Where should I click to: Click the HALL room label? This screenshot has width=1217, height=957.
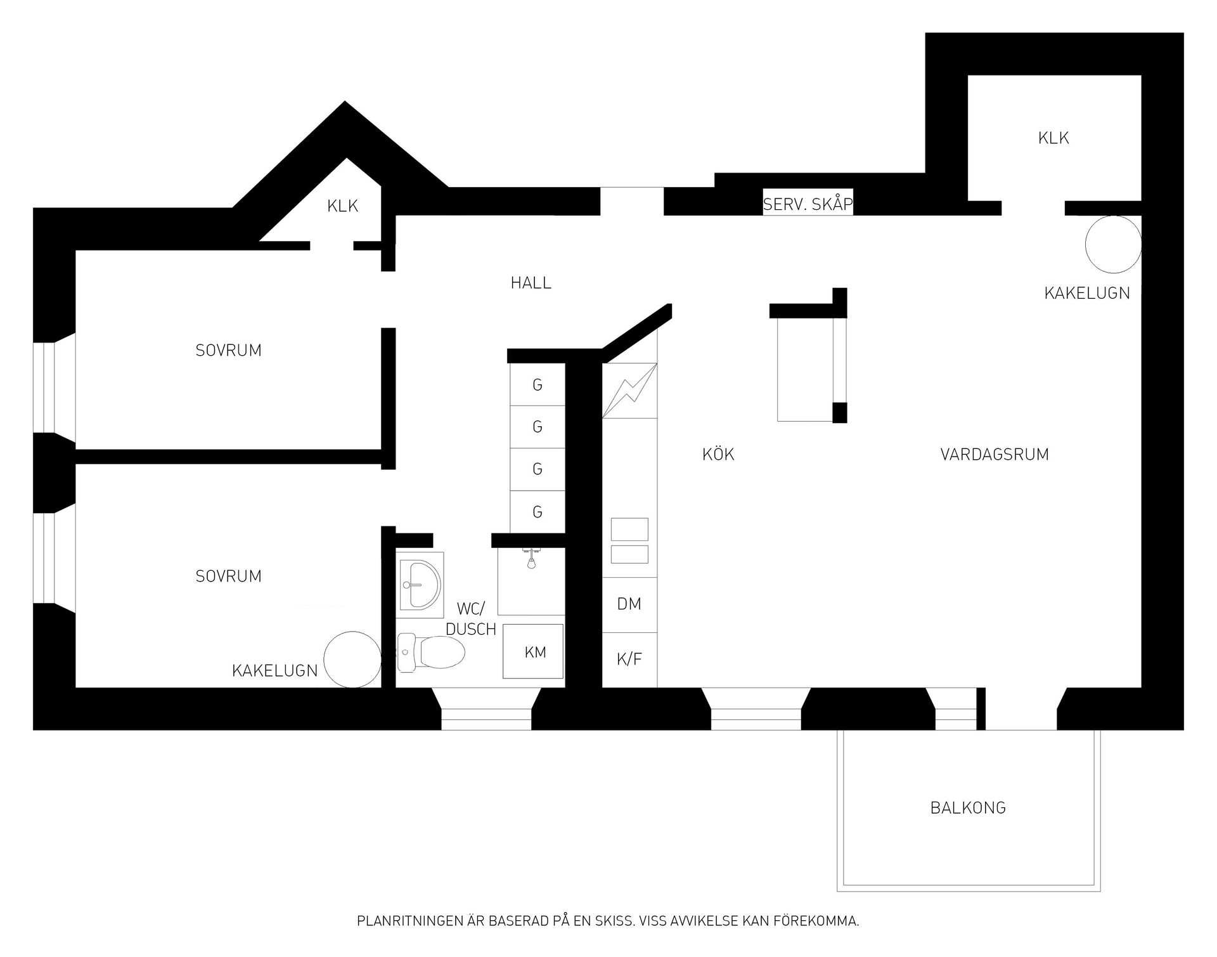[531, 283]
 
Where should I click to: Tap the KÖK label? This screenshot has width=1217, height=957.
[718, 454]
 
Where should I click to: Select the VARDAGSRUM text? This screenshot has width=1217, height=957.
[995, 454]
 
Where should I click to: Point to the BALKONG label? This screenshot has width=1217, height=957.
[968, 807]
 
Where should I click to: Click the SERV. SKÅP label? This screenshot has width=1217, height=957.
[808, 204]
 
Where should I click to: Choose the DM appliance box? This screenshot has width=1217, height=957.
[629, 604]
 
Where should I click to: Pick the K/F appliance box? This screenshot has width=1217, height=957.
[629, 660]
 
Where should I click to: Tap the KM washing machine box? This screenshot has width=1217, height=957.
[533, 651]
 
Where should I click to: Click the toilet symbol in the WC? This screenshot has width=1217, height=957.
[430, 652]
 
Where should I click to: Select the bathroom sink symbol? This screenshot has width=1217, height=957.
[420, 585]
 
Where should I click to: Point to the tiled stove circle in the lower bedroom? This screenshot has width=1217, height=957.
[352, 660]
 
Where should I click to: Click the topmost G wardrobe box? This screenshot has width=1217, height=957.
[538, 384]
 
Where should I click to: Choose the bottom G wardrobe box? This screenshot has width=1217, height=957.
[538, 512]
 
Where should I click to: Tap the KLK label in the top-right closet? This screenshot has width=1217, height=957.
[1053, 138]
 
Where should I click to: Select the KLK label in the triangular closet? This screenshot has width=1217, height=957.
[343, 206]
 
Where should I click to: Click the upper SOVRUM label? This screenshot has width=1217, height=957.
[228, 350]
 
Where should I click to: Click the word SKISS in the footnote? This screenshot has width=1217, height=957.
[612, 921]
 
